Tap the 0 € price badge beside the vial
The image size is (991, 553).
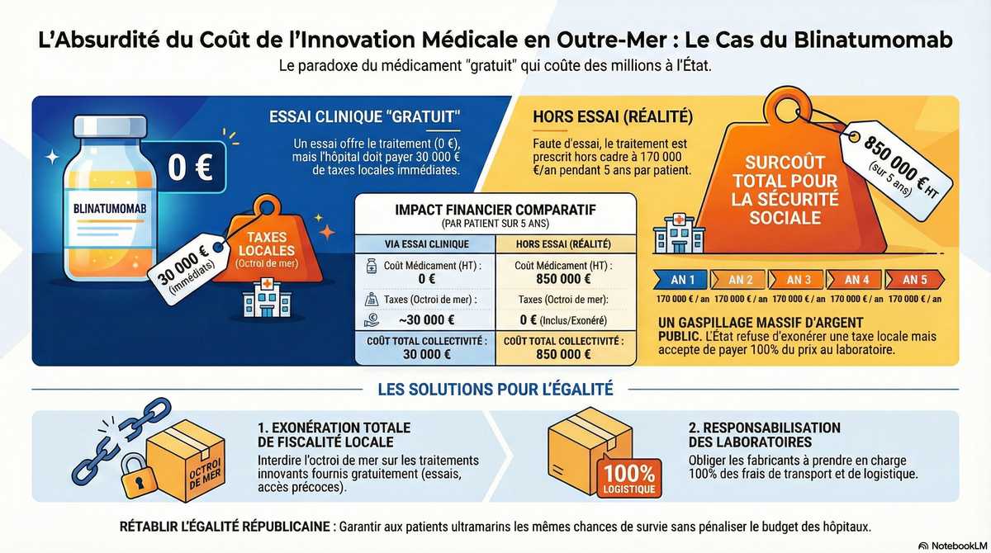(190, 167)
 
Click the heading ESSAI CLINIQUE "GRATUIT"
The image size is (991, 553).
(365, 116)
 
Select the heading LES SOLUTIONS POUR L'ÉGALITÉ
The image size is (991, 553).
(495, 388)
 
